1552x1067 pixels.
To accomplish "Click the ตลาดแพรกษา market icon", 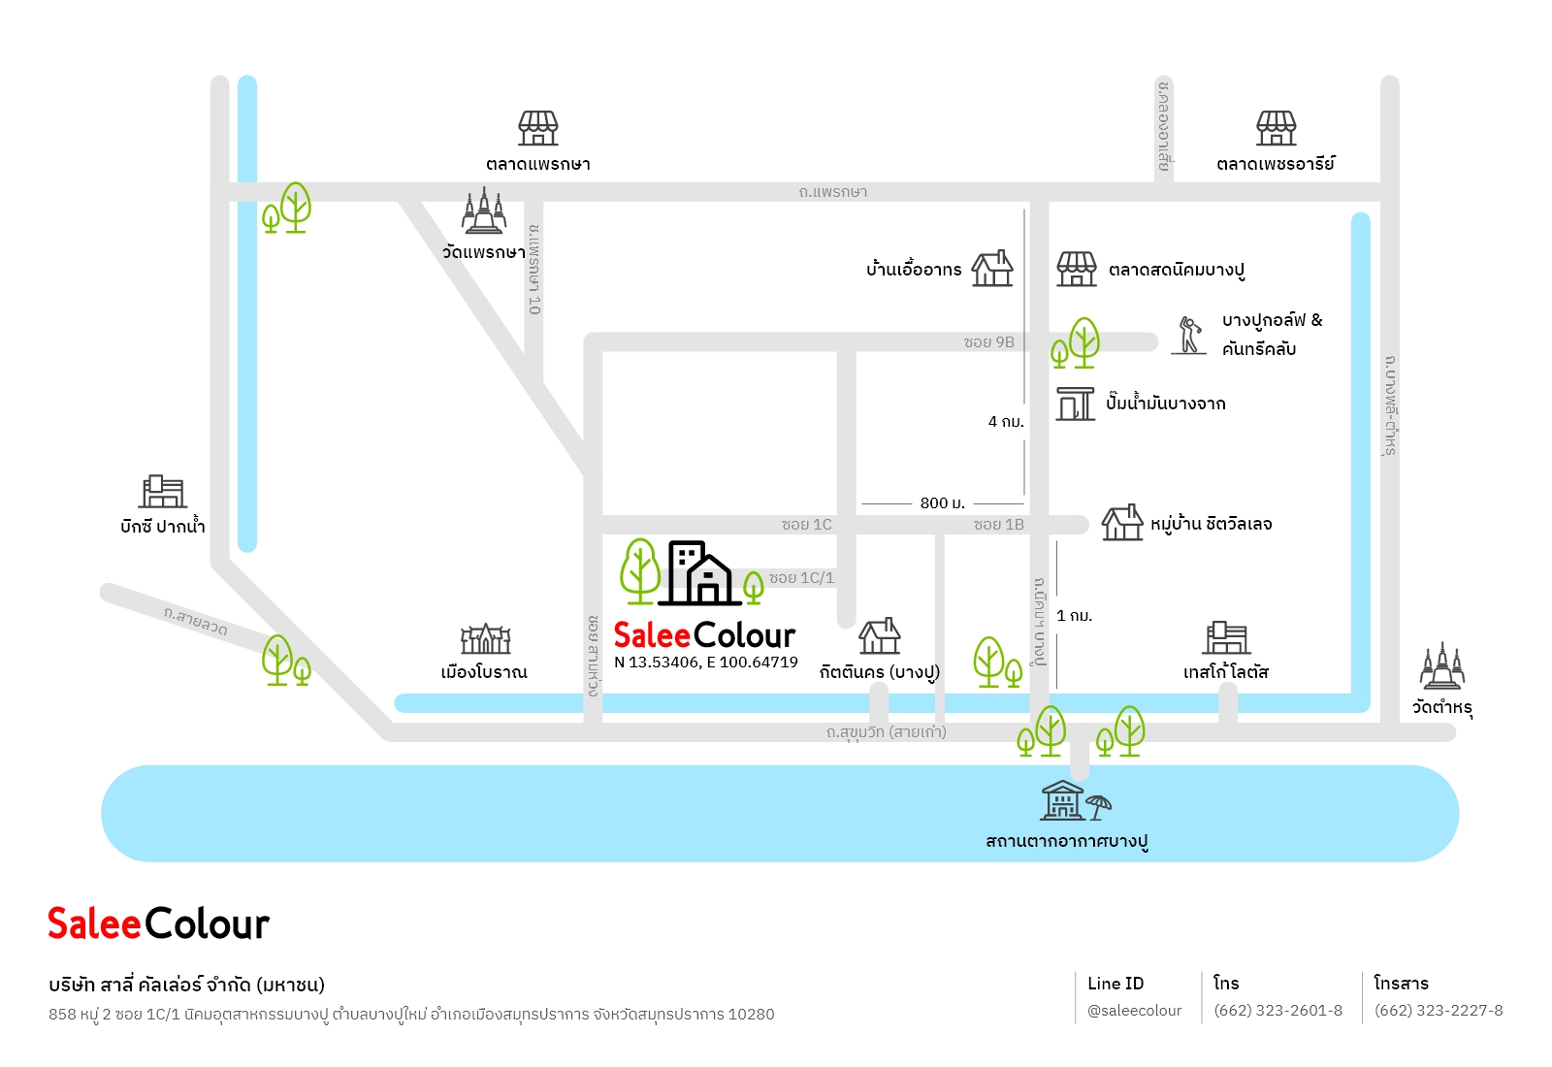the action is pyautogui.click(x=537, y=128).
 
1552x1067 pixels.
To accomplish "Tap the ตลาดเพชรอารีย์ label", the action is pyautogui.click(x=1275, y=164).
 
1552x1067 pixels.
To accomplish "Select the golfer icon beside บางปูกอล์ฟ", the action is pyautogui.click(x=1189, y=336).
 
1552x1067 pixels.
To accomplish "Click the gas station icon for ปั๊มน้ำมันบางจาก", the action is pyautogui.click(x=1075, y=404).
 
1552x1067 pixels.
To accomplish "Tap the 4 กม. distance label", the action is pyautogui.click(x=1005, y=421).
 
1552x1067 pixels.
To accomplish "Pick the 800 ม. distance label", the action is pyautogui.click(x=942, y=503).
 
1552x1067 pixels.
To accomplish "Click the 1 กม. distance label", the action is pyautogui.click(x=1074, y=615).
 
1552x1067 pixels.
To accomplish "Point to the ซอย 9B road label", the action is pyautogui.click(x=988, y=342).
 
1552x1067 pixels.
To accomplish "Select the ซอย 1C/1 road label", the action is pyautogui.click(x=801, y=578).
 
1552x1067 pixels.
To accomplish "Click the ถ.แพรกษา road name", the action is pyautogui.click(x=833, y=192).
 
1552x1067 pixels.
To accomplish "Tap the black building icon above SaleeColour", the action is pyautogui.click(x=699, y=573).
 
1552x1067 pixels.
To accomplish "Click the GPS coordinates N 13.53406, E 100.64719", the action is pyautogui.click(x=706, y=663).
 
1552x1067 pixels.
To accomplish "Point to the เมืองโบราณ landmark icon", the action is pyautogui.click(x=485, y=639).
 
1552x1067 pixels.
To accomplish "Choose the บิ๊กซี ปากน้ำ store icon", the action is pyautogui.click(x=162, y=492).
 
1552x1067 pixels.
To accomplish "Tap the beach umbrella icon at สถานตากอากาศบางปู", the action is pyautogui.click(x=1098, y=807).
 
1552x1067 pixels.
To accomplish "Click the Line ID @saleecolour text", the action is pyautogui.click(x=1134, y=1011).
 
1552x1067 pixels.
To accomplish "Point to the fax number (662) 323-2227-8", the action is pyautogui.click(x=1439, y=1011).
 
